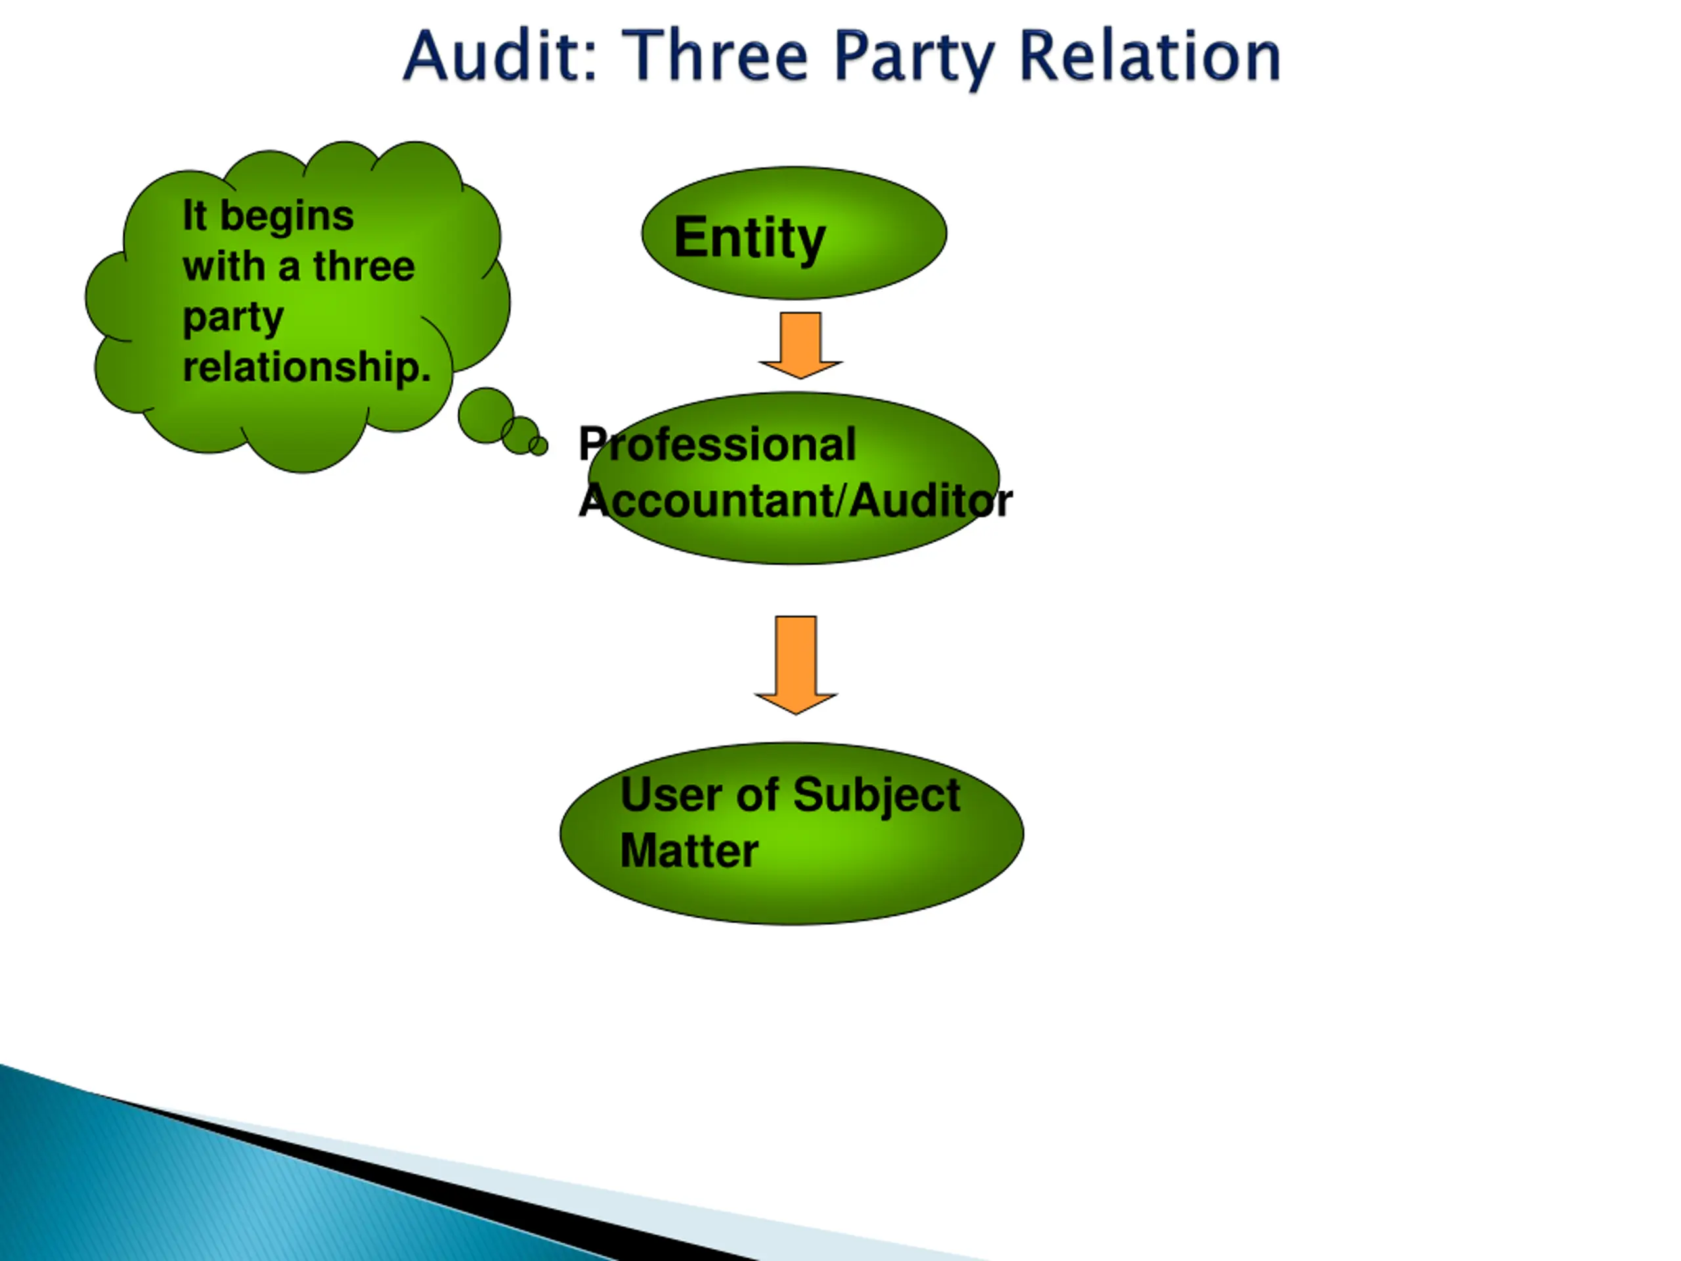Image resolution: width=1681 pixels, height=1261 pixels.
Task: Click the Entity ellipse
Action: [794, 232]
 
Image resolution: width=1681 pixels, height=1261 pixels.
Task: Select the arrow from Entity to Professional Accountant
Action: [800, 345]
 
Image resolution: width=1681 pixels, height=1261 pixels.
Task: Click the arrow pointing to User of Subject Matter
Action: [796, 665]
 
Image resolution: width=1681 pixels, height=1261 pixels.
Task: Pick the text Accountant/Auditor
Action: [796, 500]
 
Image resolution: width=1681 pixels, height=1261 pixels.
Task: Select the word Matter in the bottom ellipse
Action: [689, 850]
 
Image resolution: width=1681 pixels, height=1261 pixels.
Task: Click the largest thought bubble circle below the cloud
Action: [486, 415]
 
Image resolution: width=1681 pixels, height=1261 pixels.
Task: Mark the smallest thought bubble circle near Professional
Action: [538, 446]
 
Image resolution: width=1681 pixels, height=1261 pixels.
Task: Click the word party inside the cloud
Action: [233, 319]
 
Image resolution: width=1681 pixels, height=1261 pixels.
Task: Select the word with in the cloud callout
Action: [223, 266]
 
